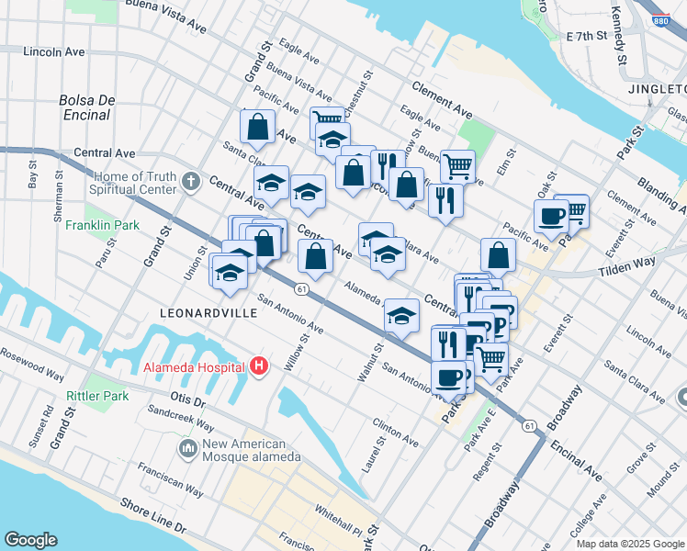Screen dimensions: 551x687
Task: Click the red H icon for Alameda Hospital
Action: (259, 366)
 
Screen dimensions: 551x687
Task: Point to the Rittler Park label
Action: (96, 396)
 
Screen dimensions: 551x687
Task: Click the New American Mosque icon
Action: (188, 448)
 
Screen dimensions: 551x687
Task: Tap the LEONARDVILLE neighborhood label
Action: (206, 313)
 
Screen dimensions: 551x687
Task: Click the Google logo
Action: (30, 540)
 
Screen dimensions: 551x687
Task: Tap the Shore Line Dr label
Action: (152, 519)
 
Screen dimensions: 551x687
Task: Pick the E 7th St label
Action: (588, 36)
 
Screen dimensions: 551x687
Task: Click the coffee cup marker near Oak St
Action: (551, 217)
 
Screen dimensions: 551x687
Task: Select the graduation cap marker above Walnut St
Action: (401, 316)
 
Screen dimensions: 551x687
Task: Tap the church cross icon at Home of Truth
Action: (190, 180)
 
